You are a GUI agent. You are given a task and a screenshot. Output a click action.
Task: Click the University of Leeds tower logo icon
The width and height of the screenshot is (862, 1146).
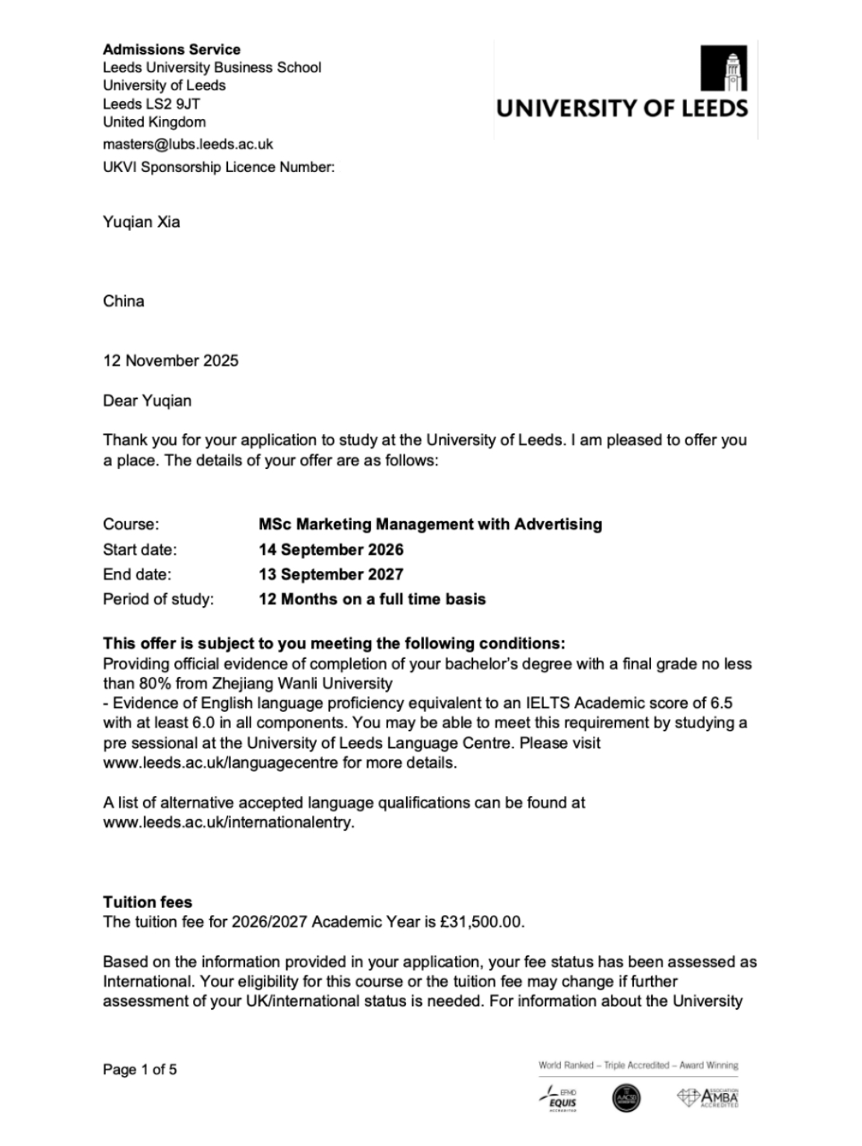point(724,68)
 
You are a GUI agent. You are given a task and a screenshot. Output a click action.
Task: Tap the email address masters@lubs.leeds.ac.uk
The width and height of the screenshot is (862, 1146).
point(187,144)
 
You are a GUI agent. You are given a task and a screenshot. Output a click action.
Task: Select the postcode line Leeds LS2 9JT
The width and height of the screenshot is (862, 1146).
point(152,103)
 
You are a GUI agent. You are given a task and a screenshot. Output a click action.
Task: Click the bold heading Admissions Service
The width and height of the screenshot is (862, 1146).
point(171,50)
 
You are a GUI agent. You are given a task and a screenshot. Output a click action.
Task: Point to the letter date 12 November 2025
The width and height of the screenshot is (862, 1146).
point(170,360)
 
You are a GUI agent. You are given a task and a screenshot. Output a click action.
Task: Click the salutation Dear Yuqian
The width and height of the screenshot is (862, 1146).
point(147,401)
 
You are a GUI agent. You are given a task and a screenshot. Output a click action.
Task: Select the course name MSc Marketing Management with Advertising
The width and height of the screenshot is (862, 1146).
point(430,524)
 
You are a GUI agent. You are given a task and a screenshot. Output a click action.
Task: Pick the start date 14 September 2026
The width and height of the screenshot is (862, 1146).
point(331,549)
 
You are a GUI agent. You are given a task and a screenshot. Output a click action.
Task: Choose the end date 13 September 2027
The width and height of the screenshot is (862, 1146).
point(331,574)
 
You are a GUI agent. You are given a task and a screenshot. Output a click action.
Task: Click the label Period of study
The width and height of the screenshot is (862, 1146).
point(158,599)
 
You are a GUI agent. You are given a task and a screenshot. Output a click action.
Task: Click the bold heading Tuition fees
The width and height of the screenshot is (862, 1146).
point(147,902)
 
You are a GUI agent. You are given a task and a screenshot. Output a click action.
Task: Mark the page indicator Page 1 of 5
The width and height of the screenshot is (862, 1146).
point(139,1070)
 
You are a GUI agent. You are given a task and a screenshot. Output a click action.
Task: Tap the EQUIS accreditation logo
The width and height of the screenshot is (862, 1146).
point(558,1098)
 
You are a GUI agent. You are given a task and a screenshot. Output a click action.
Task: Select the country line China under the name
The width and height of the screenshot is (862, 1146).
point(123,301)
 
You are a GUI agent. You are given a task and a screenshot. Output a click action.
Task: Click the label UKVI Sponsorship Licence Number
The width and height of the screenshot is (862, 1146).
point(219,166)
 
